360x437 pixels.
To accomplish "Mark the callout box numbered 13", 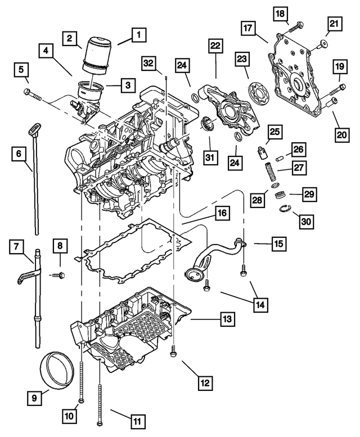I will pos(226,319).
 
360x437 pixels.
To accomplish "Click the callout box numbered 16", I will pos(222,214).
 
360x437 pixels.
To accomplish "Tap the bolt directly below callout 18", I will pos(296,25).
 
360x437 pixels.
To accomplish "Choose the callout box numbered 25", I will pos(274,132).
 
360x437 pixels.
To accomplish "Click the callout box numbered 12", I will pos(205,384).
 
